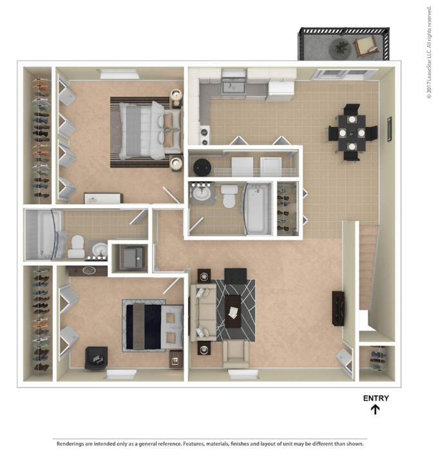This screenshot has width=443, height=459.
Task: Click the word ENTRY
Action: coord(376,398)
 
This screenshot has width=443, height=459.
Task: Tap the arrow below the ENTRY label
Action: coord(376,409)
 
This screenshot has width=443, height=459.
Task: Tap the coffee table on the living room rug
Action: coord(232,310)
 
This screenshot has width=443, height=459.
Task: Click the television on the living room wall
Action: coord(338,308)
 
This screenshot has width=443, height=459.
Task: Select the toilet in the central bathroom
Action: coord(229,196)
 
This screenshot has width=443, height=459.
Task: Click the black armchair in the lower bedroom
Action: coord(96,357)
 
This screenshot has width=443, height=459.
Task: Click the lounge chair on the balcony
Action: coord(366,46)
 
